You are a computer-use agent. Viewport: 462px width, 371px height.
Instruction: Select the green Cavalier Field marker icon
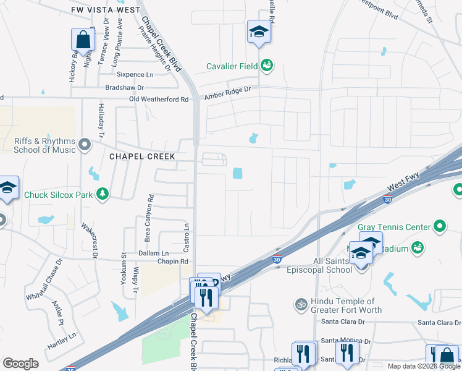[267, 65]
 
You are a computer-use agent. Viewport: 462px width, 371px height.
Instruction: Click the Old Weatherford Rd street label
[159, 99]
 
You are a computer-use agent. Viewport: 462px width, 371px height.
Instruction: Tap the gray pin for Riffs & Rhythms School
[85, 145]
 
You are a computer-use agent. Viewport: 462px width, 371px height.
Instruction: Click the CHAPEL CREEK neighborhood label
[142, 156]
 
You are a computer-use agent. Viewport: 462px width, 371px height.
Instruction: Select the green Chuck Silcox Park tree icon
[103, 195]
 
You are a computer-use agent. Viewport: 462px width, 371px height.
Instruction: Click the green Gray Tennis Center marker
[440, 227]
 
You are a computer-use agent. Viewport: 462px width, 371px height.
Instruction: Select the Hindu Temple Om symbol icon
[301, 304]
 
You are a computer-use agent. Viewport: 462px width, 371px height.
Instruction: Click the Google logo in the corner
[20, 364]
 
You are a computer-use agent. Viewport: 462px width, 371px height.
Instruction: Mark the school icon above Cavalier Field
[259, 33]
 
